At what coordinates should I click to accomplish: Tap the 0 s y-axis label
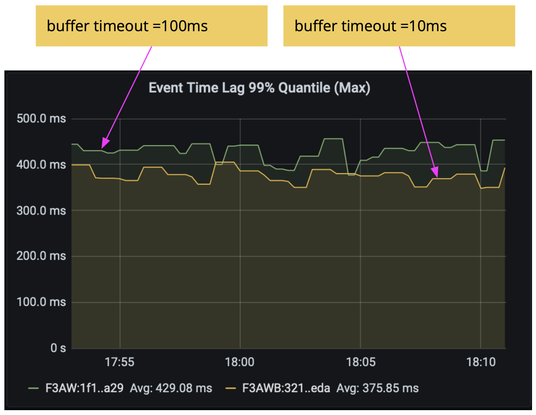57,348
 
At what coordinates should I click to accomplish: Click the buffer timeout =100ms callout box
151,26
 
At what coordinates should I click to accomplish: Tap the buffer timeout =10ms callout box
399,26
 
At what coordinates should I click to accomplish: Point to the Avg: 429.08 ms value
171,388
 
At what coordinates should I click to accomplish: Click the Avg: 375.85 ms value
377,388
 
